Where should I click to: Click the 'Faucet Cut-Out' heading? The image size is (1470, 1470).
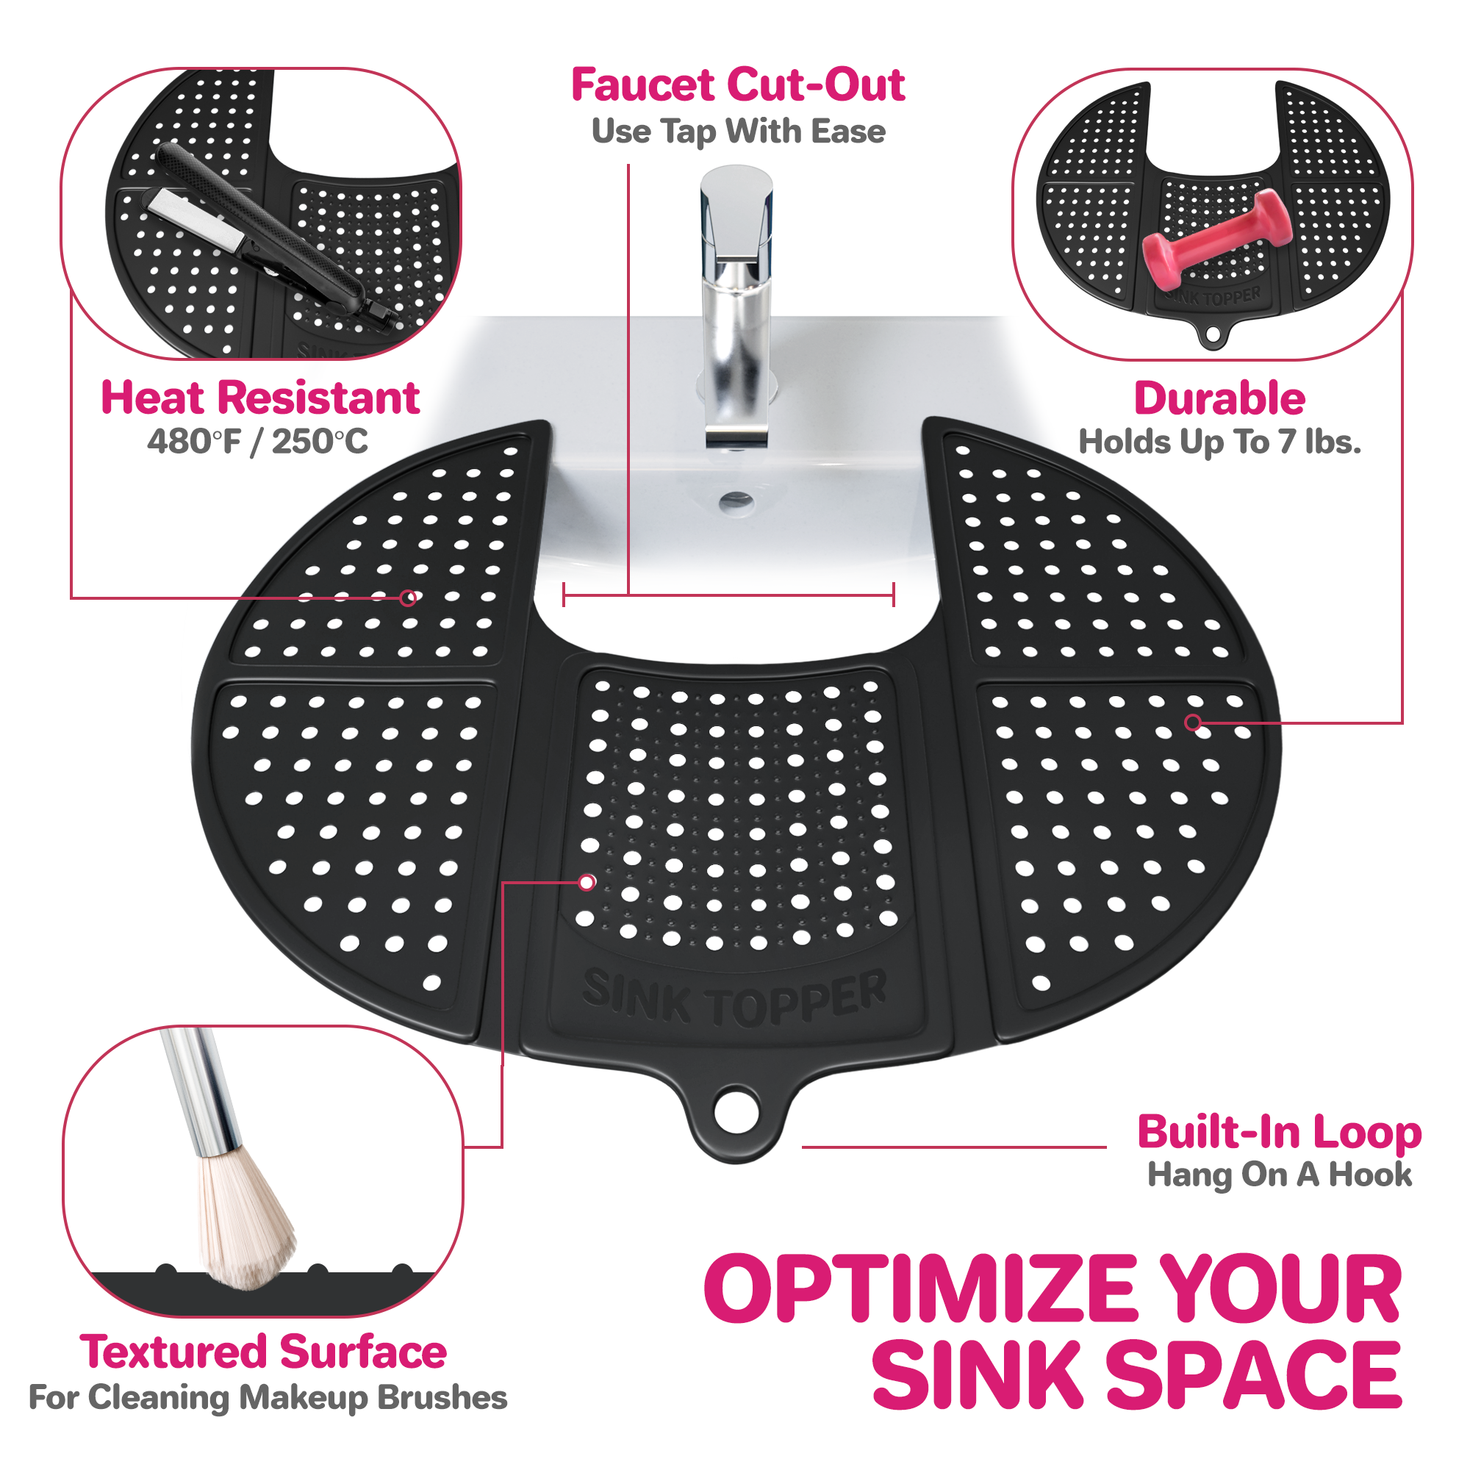(x=738, y=85)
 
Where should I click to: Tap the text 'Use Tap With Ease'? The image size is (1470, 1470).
(x=738, y=132)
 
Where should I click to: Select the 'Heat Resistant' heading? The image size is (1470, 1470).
(x=260, y=398)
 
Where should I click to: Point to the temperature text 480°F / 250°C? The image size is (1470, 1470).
(x=257, y=441)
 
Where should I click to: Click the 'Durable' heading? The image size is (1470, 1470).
(x=1219, y=398)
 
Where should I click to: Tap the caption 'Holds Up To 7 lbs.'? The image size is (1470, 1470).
(x=1219, y=442)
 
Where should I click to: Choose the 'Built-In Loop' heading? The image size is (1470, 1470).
(x=1280, y=1132)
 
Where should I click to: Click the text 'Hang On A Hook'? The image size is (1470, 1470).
(x=1280, y=1175)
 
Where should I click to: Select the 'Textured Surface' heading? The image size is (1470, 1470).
(x=263, y=1352)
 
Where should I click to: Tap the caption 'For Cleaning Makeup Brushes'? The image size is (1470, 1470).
(x=268, y=1397)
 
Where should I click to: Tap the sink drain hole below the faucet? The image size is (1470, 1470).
(x=736, y=501)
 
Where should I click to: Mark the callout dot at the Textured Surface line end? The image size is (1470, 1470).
(x=587, y=883)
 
